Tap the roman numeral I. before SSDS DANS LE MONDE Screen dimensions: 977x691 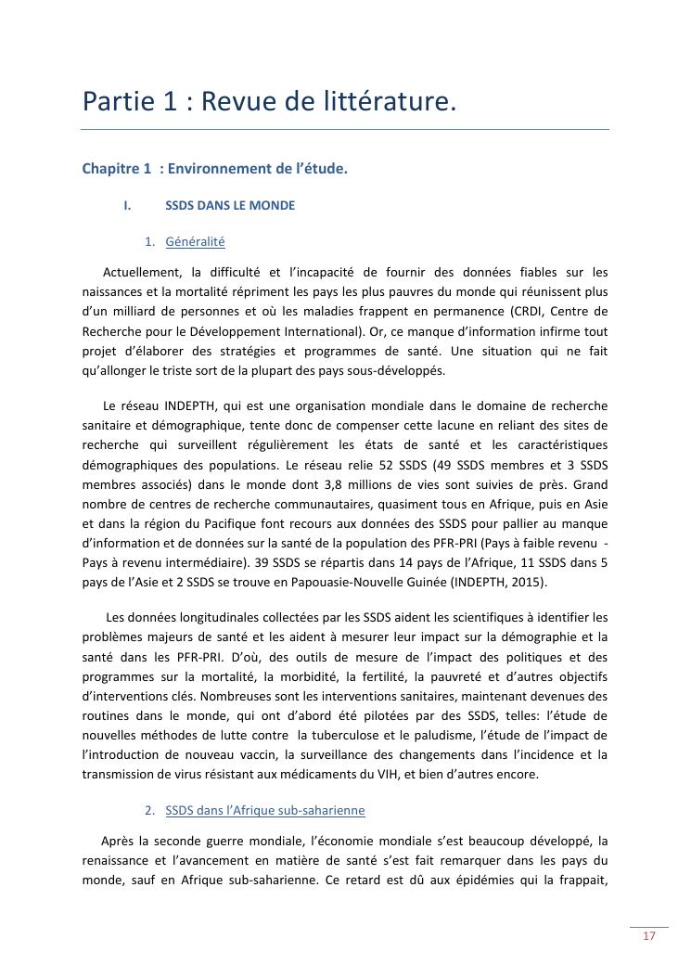click(128, 205)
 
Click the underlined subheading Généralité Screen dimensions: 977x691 click(195, 241)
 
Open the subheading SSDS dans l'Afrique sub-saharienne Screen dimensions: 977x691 click(264, 811)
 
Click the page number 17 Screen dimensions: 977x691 click(648, 936)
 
